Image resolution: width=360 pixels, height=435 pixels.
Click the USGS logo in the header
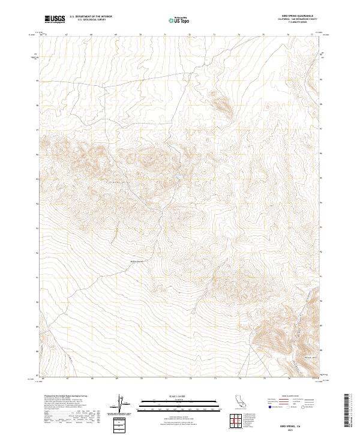[55, 19]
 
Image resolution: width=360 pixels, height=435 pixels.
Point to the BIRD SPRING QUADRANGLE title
[296, 16]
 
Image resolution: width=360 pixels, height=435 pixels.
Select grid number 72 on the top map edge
[190, 35]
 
